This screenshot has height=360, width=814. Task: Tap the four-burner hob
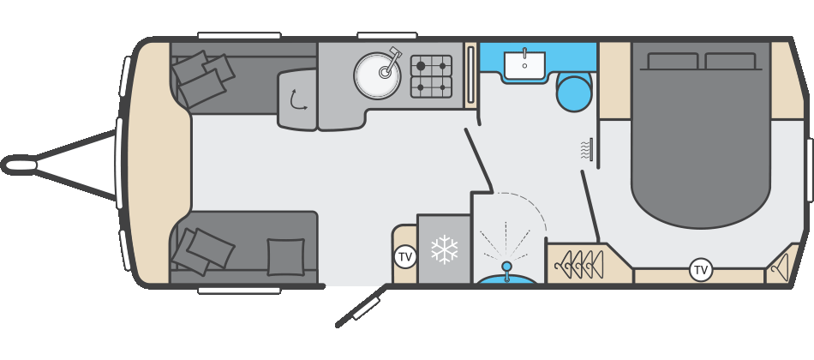tap(431, 76)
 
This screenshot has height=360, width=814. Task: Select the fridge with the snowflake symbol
tap(444, 249)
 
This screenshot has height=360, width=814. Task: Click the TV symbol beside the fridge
tap(405, 255)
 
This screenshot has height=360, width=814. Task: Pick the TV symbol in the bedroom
tap(701, 270)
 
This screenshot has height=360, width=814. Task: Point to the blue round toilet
tap(573, 92)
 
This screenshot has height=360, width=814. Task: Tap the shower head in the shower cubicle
tap(506, 267)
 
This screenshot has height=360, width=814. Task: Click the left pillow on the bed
tap(673, 61)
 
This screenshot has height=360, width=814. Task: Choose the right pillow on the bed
tap(731, 61)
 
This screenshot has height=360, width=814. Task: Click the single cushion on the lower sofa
tap(285, 256)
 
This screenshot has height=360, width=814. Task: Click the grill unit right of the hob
tap(470, 76)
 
